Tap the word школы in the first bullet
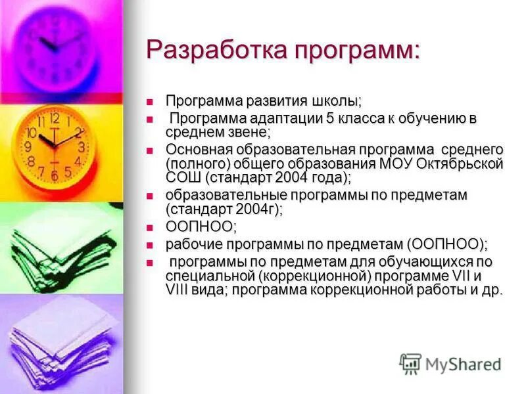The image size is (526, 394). (334, 101)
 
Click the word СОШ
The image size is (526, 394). (183, 177)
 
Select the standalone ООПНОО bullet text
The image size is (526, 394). (199, 227)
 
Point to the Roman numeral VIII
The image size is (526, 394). (178, 290)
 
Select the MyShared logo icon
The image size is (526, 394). (410, 362)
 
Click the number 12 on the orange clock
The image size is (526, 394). (55, 119)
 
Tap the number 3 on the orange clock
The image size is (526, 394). (81, 147)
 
